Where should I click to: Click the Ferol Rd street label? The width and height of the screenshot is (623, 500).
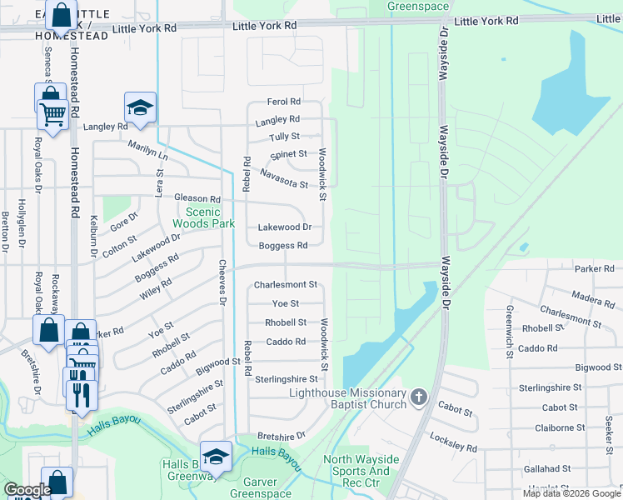coord(283,102)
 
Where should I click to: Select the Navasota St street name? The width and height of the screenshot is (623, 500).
coord(284,177)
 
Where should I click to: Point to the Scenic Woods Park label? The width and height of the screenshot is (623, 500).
coord(197,217)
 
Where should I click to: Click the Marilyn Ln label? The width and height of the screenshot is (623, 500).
coord(147,151)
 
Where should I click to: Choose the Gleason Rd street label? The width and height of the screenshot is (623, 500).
coord(197,199)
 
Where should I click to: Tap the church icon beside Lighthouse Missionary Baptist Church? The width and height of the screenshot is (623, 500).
coord(419,398)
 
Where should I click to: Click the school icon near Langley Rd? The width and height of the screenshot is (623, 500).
coord(141,107)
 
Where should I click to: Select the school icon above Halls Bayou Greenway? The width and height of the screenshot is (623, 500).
coord(216,456)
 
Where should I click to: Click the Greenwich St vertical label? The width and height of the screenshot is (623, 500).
coord(509,332)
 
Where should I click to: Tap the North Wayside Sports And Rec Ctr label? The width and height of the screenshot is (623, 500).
coord(361,471)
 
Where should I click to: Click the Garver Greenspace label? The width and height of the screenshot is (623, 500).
coord(261,487)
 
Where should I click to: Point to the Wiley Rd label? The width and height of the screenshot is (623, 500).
coord(155,287)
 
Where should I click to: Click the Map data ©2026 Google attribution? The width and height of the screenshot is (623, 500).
coord(571,493)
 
